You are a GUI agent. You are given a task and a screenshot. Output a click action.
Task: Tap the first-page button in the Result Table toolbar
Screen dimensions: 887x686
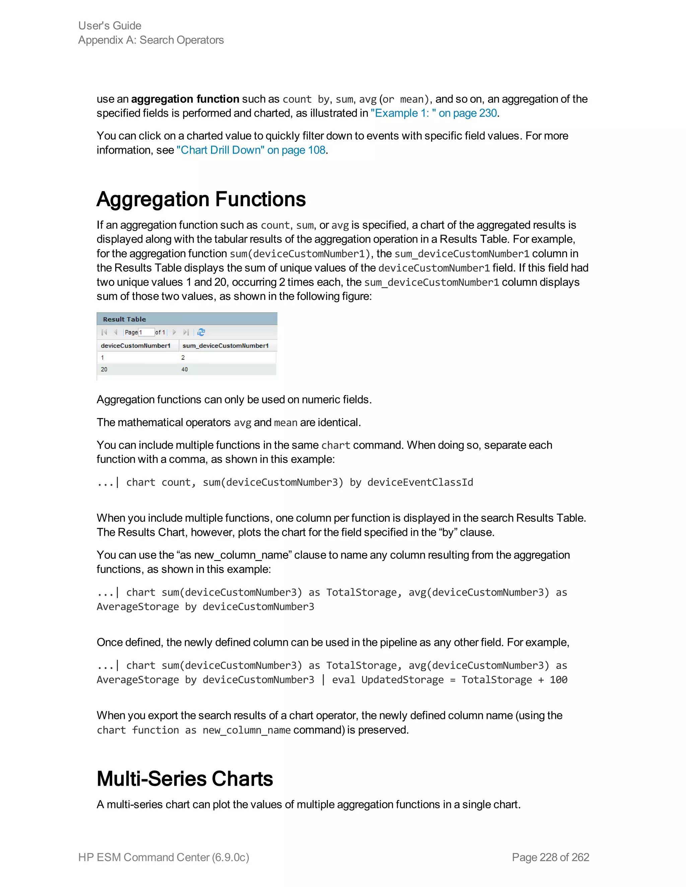[x=104, y=332]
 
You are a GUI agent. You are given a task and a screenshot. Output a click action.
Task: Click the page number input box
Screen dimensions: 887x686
[x=147, y=332]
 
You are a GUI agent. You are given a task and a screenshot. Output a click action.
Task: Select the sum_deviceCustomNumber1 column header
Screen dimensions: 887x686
[x=225, y=346]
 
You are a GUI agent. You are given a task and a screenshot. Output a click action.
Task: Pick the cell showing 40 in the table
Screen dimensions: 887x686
[x=185, y=369]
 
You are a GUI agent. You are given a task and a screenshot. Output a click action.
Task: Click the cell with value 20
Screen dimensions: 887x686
[x=104, y=369]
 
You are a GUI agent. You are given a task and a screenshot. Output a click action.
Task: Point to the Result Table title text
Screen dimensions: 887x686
[x=124, y=319]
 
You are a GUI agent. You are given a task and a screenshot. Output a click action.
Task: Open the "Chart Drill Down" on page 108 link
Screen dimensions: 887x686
[x=251, y=150]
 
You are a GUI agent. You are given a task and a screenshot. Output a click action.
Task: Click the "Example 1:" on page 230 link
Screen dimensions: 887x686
[x=434, y=113]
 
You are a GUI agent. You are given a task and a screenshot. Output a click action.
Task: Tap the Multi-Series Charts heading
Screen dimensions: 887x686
[x=185, y=779]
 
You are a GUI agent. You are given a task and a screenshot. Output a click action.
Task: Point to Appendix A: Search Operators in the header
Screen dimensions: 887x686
[x=151, y=40]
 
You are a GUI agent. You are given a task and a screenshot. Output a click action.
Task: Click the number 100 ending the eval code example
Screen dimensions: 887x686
[x=558, y=680]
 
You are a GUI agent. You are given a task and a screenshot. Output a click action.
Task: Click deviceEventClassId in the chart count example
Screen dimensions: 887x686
[x=420, y=482]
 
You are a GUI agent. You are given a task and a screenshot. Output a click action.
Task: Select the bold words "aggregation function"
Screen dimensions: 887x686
[x=185, y=99]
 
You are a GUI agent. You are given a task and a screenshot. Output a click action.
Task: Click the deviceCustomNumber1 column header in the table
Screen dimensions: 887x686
[x=135, y=346]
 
